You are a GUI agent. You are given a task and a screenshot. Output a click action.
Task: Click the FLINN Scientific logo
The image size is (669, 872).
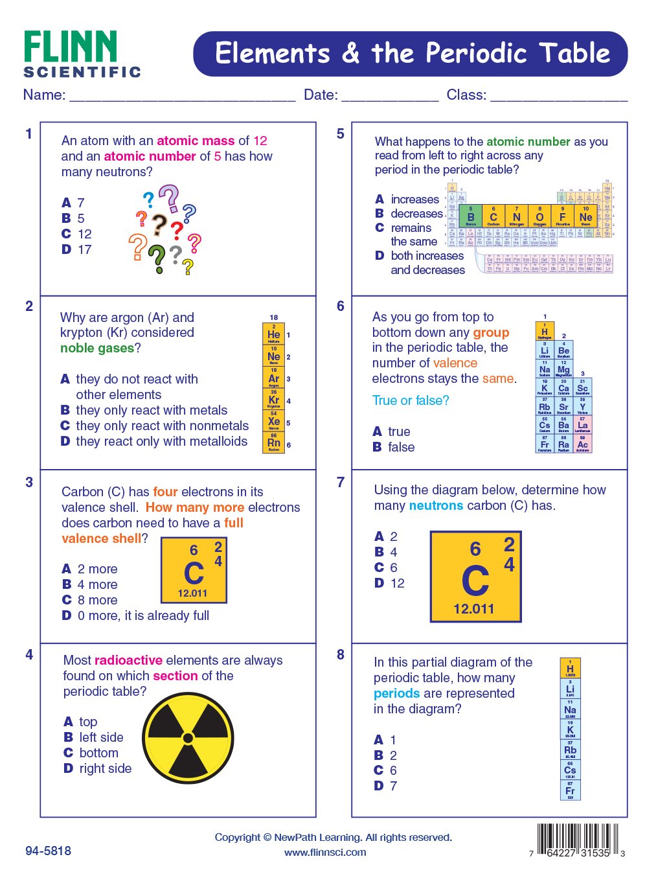(x=82, y=54)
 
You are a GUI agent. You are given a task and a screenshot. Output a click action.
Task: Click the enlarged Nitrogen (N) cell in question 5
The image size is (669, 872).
(x=516, y=216)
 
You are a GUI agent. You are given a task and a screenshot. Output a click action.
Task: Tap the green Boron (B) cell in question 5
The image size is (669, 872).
(x=471, y=216)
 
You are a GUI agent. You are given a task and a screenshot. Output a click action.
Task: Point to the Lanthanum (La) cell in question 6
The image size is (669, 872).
(x=582, y=425)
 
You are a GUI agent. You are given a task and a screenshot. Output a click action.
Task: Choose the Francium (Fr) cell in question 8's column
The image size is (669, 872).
(x=570, y=791)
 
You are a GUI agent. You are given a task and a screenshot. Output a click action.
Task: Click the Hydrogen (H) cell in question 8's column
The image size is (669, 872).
(x=570, y=669)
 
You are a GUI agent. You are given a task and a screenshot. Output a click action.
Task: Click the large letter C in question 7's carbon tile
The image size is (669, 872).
(x=475, y=580)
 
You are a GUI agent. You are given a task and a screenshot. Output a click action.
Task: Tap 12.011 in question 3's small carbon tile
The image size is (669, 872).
(x=192, y=593)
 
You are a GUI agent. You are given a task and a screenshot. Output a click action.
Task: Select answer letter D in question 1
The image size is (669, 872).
(x=66, y=249)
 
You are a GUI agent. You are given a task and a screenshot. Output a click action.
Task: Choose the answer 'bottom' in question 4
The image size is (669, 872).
(x=98, y=753)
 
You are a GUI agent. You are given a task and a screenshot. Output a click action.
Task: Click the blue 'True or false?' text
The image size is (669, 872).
(x=411, y=400)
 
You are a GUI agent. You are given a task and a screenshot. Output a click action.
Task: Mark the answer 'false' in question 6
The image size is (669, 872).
(x=401, y=447)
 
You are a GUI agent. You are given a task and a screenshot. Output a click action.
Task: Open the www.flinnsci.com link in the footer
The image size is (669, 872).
(x=325, y=853)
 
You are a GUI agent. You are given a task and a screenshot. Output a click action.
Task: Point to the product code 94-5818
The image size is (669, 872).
(x=49, y=851)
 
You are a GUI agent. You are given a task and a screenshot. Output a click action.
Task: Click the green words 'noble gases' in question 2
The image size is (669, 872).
(x=97, y=348)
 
